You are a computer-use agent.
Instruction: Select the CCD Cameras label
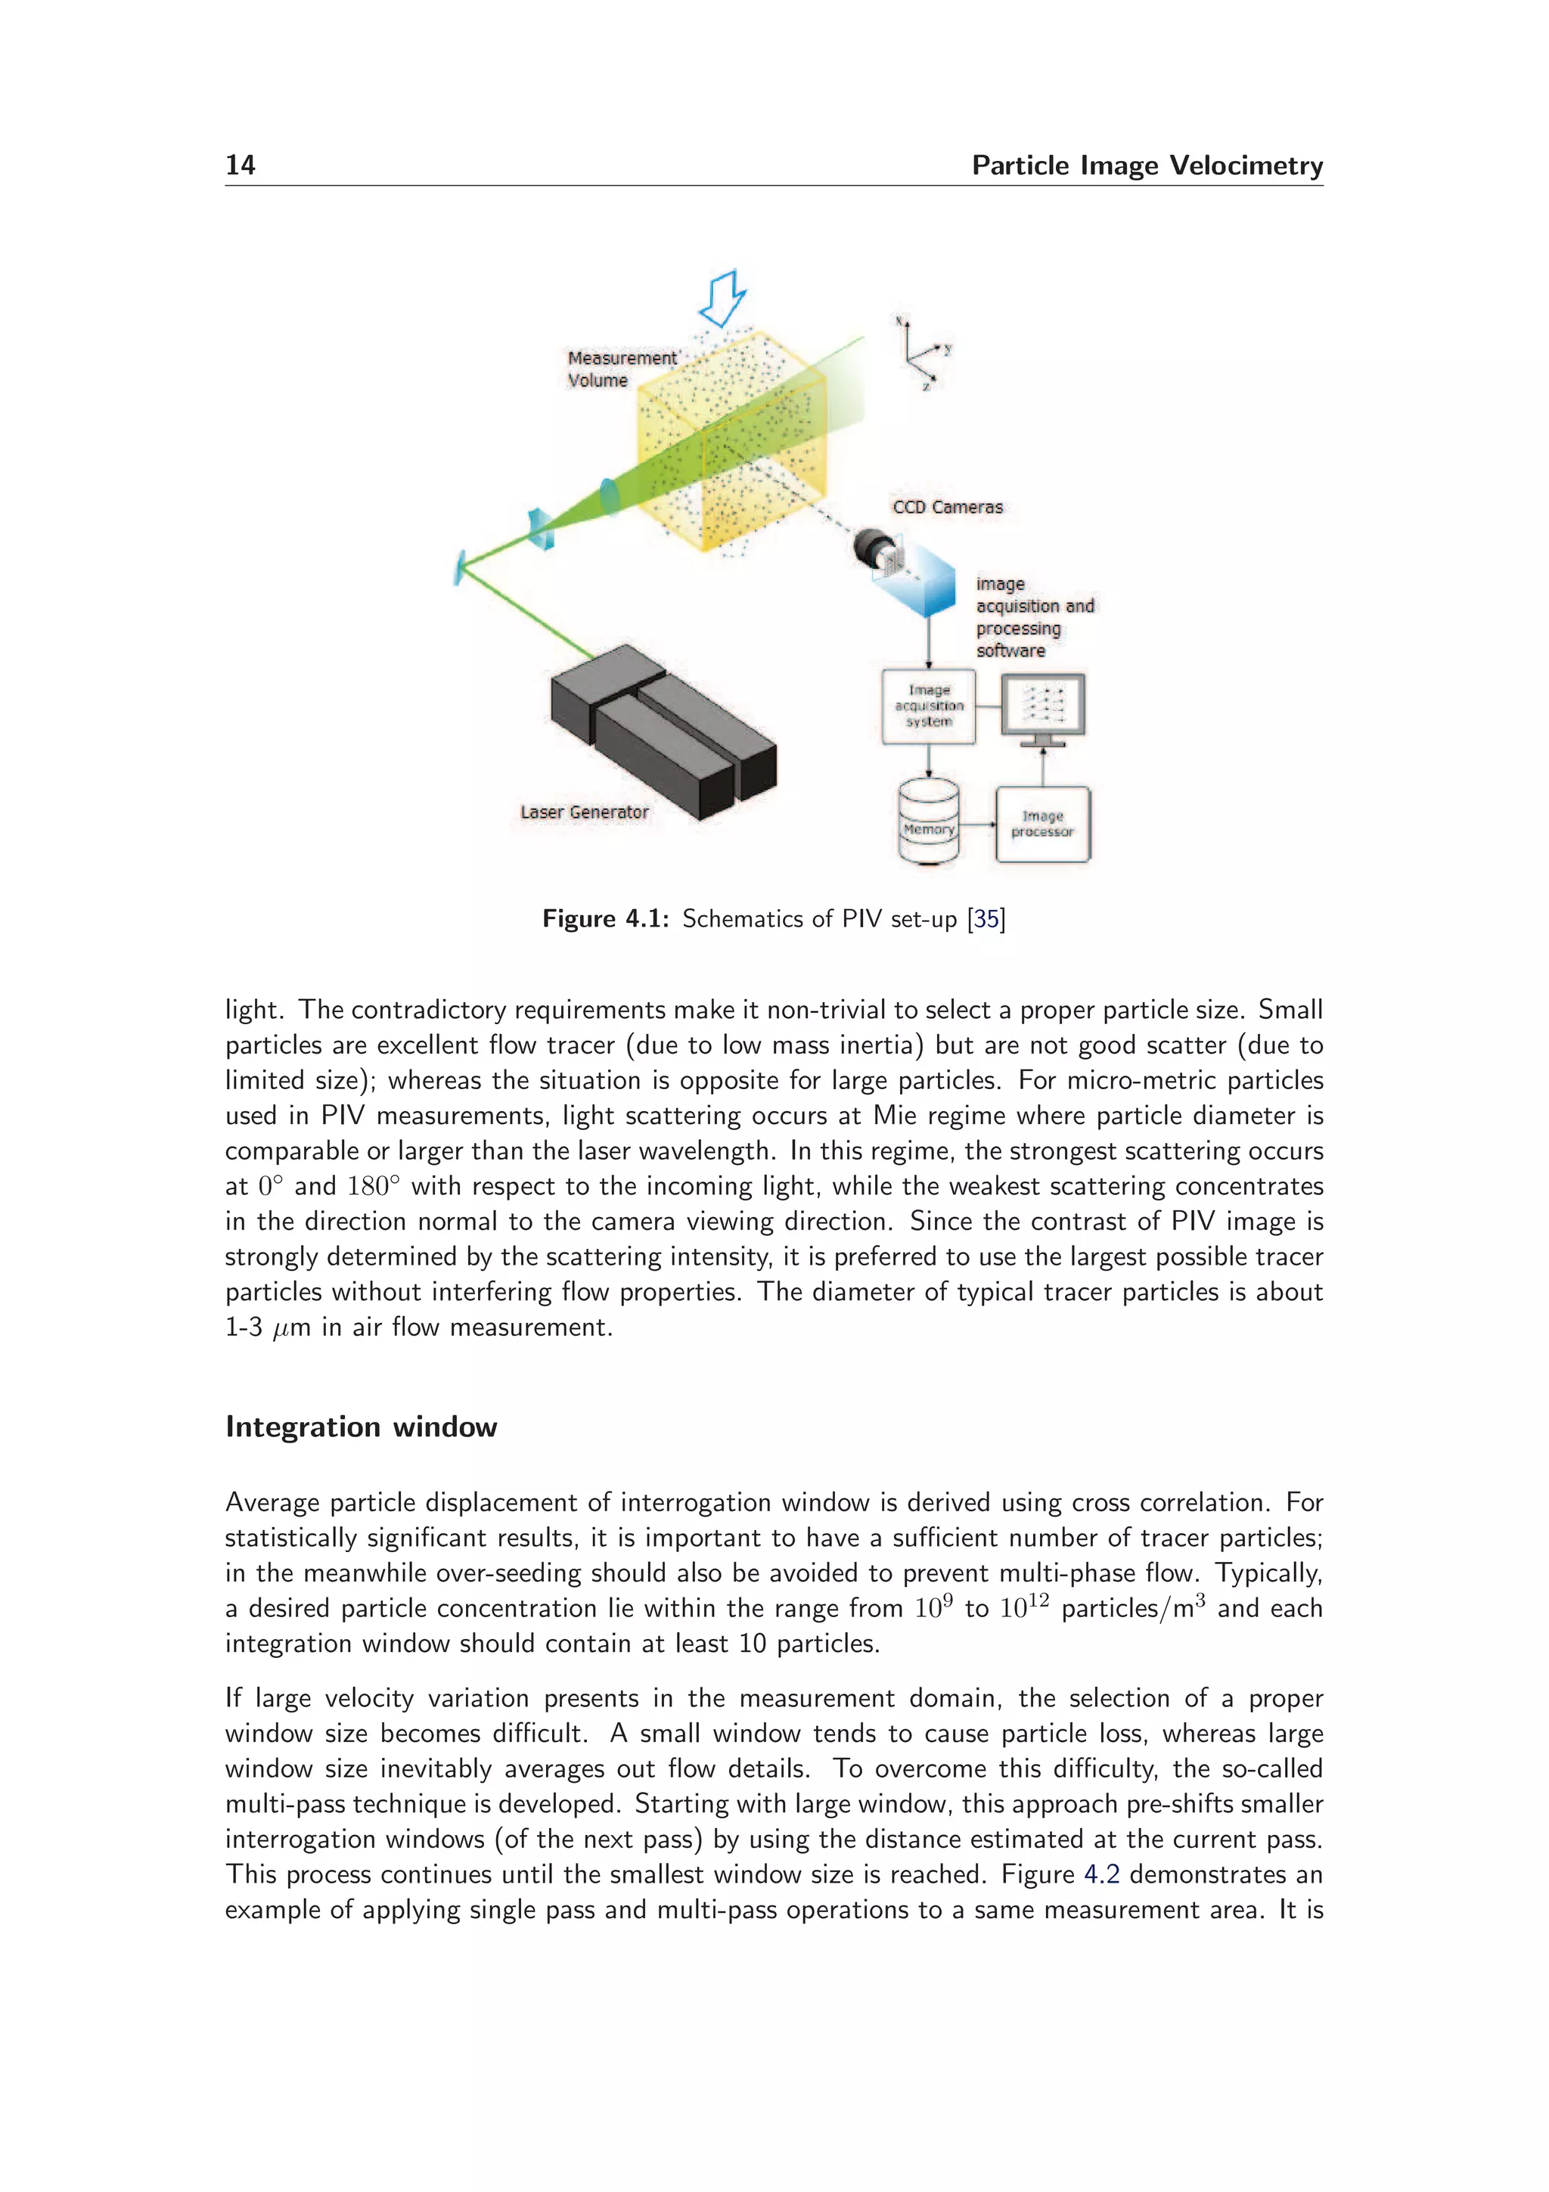point(947,507)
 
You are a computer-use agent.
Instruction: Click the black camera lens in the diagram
point(871,547)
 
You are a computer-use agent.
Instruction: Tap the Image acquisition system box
point(928,706)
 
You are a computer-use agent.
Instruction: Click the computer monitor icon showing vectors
point(1042,707)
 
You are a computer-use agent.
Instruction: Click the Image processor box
point(1042,824)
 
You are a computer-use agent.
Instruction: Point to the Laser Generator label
point(584,812)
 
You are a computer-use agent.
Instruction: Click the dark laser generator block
point(663,731)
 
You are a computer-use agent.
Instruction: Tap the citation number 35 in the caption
point(986,918)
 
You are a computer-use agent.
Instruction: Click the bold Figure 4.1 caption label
point(605,918)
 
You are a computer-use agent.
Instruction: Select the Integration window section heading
point(361,1427)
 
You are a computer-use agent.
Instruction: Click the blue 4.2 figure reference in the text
point(1101,1874)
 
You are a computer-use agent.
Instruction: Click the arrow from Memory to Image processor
point(976,824)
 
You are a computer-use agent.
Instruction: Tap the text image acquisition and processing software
point(1034,616)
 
